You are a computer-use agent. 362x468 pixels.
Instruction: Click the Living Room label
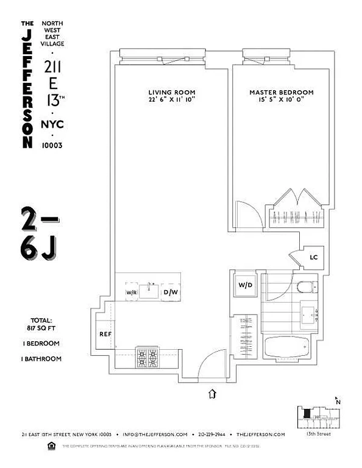(166, 93)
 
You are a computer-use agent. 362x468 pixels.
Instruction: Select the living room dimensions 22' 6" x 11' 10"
(166, 101)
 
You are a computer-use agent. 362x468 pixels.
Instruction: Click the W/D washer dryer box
(246, 285)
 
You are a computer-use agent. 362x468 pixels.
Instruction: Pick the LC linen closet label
(313, 257)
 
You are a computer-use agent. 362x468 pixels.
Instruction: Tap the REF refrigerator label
(105, 334)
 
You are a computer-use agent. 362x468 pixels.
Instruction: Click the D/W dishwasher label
(171, 293)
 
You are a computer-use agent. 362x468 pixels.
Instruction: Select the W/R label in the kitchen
(132, 293)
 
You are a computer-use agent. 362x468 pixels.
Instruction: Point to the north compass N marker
(337, 400)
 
